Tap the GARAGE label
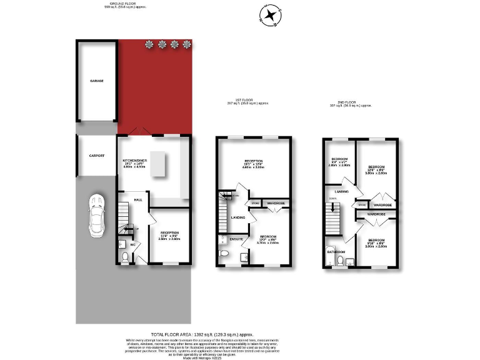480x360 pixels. (x=96, y=81)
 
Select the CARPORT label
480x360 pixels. (x=96, y=156)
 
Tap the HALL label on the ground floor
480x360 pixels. (x=138, y=199)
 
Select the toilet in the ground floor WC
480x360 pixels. (x=125, y=257)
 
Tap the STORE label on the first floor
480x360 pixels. (x=255, y=203)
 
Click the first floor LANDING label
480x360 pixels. (x=237, y=217)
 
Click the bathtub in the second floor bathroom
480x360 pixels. (x=330, y=259)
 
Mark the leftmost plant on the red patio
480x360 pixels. (x=149, y=44)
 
